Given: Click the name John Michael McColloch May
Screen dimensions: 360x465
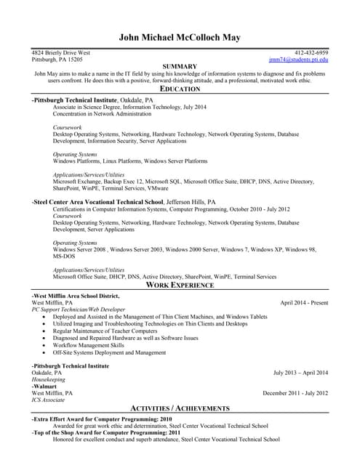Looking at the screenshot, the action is (180, 38).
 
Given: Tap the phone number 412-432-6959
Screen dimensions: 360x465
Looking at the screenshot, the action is (311, 53).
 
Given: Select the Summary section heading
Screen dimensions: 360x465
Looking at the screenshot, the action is (180, 66).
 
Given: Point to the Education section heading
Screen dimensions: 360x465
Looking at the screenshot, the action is (180, 89).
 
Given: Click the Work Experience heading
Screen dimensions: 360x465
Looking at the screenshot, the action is (180, 286).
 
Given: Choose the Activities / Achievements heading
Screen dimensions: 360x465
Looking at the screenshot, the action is (180, 408).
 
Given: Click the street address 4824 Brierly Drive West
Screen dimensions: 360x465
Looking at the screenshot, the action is (61, 53).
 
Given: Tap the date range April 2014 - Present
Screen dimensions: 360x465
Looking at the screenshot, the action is (304, 302).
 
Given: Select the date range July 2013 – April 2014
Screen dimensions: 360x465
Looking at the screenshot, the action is (300, 373).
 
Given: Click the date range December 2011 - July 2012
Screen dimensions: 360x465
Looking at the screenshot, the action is (295, 393).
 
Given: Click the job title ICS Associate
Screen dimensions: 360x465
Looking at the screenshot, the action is (48, 400).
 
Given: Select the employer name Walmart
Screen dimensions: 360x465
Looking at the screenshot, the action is (45, 387).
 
